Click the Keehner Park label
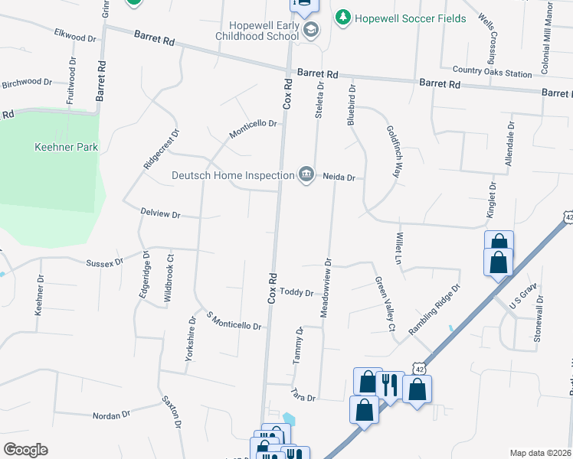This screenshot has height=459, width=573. (x=65, y=147)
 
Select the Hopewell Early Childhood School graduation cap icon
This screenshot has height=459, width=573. (x=310, y=31)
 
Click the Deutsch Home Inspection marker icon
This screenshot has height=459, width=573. (x=306, y=174)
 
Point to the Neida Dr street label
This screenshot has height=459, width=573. (x=339, y=177)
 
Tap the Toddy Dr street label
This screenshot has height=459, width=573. (x=296, y=292)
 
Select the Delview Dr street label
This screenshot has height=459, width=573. (x=160, y=215)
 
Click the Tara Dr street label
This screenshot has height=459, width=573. (x=303, y=395)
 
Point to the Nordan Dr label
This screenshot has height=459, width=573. (x=111, y=415)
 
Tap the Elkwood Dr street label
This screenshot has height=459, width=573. (x=75, y=34)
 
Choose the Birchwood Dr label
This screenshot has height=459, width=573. (x=26, y=82)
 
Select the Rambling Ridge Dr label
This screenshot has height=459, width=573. (x=434, y=310)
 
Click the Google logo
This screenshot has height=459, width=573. (x=25, y=450)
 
